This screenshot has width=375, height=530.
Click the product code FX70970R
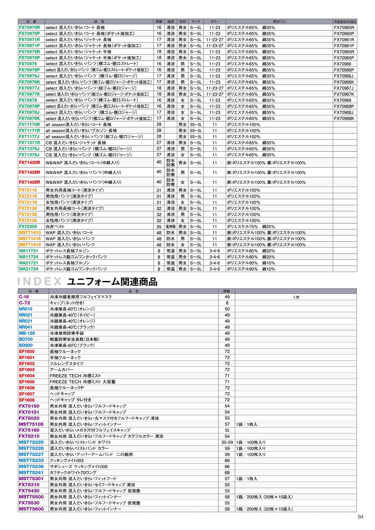point(29,28)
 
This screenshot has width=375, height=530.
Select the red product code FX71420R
point(29,163)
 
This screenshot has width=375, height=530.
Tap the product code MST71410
point(30,232)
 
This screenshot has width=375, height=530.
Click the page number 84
point(360,517)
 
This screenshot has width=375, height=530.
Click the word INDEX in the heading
point(39,281)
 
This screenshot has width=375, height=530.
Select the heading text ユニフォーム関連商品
point(112,282)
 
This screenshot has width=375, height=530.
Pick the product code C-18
point(24,297)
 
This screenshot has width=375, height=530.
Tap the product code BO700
point(26,339)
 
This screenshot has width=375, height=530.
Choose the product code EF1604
point(27,376)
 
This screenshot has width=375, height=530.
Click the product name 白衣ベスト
point(55,226)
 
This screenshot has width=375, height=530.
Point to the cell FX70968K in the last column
point(344,118)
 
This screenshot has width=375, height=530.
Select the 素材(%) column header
point(279,21)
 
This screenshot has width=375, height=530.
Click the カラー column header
point(214,21)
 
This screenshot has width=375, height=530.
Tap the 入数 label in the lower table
point(296,297)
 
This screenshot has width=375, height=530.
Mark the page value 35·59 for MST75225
point(227,442)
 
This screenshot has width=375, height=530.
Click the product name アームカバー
point(62,370)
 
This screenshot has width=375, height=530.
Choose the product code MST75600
point(31,509)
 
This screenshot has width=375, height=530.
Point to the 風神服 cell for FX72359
point(171,226)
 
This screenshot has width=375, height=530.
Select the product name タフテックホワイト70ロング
point(73,473)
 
